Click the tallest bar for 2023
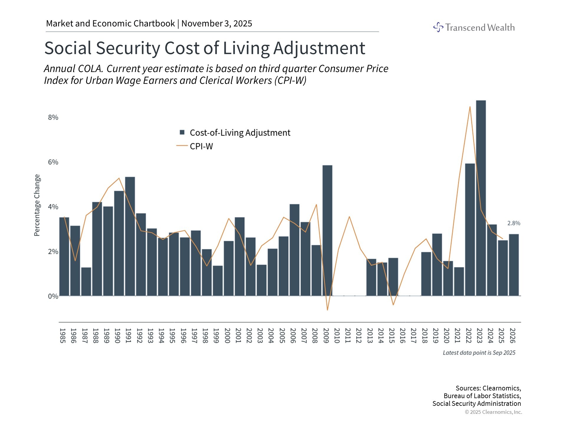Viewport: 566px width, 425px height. pos(481,198)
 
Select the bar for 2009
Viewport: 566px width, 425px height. pos(327,230)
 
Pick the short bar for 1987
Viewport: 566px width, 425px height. pos(86,282)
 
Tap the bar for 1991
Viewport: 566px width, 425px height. pos(130,236)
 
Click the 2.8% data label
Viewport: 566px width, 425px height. pos(514,223)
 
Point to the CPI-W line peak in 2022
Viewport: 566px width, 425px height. pos(470,107)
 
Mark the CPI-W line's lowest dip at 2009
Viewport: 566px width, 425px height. pos(327,310)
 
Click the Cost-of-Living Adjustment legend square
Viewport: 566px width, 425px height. pos(182,133)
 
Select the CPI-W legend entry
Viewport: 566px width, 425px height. pos(201,146)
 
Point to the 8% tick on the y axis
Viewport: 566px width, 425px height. pos(53,117)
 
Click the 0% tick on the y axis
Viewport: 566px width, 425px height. pos(53,296)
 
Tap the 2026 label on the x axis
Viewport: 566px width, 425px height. pos(512,336)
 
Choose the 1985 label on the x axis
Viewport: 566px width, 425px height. pos(62,336)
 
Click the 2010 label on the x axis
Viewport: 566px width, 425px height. pos(337,336)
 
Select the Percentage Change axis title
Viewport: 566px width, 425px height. pos(37,205)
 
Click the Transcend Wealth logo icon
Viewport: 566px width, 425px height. pos(438,27)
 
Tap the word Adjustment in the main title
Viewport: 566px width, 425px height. pos(319,48)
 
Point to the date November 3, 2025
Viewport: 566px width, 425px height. pos(217,24)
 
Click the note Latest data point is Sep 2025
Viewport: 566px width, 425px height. pos(479,353)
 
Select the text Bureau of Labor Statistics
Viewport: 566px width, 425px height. pos(482,396)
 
